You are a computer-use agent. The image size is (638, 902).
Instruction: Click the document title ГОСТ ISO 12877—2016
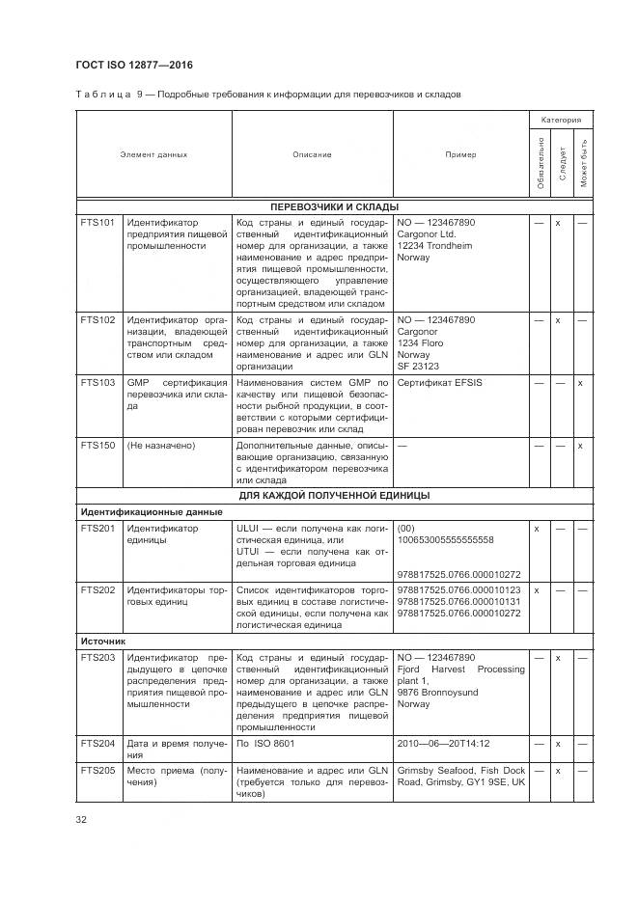click(134, 65)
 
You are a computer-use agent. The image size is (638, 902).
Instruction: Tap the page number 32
click(81, 820)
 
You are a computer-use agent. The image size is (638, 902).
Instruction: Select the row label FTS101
click(97, 222)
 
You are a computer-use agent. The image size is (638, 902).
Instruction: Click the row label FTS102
click(97, 319)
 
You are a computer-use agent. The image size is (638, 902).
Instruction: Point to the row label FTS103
click(97, 383)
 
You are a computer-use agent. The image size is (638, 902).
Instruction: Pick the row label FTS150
click(97, 446)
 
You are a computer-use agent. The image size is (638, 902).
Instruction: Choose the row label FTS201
click(97, 528)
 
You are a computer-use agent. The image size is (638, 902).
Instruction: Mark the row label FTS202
click(97, 589)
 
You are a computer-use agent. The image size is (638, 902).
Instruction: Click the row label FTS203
click(97, 657)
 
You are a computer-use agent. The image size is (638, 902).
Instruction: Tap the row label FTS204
click(97, 744)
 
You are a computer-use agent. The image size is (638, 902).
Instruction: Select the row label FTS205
click(97, 770)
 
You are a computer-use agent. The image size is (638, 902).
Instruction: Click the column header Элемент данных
click(153, 154)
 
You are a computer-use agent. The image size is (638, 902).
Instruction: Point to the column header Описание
click(312, 154)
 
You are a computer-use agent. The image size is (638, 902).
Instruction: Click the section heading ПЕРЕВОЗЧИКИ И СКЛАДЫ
click(334, 206)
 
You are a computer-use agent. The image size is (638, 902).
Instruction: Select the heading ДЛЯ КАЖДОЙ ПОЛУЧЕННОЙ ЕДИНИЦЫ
click(334, 495)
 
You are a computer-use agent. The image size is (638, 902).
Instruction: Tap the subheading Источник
click(103, 640)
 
